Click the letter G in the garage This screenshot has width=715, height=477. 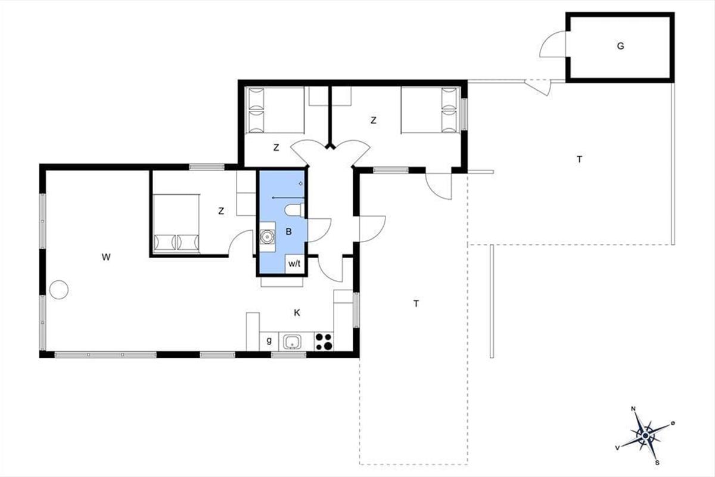620,47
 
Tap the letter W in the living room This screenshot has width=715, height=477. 106,257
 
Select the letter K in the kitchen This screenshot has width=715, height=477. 297,313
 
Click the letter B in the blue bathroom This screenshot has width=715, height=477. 288,231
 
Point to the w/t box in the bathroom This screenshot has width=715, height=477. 294,264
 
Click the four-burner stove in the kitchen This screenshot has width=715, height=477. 324,342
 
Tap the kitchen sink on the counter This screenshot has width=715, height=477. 291,342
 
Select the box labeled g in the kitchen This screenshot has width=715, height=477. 269,341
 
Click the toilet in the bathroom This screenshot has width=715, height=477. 294,210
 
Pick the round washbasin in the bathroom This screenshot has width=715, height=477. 267,237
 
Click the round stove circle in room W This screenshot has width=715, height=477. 59,290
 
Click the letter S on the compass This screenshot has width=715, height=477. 657,463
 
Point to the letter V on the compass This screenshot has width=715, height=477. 618,448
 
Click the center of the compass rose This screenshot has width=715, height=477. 645,435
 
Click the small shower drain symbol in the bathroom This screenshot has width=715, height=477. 300,184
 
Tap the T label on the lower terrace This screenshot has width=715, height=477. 416,303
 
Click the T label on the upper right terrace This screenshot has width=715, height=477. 579,159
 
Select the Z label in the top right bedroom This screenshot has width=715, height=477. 373,120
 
